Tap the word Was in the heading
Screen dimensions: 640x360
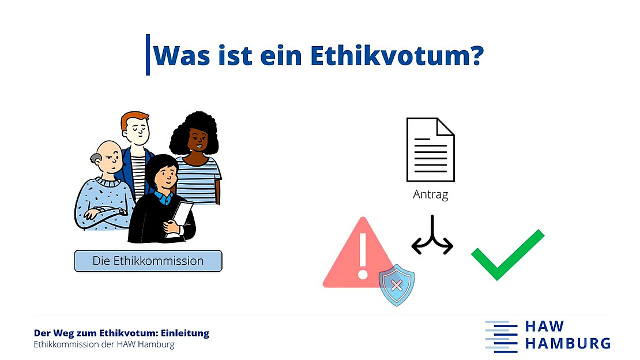(x=182, y=55)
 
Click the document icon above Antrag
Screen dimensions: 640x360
(x=430, y=149)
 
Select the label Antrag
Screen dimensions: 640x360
(x=430, y=194)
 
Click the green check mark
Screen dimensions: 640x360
(x=507, y=255)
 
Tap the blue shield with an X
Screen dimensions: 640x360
(x=396, y=285)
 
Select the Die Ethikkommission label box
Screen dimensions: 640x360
(x=148, y=261)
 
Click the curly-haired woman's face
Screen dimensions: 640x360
(x=198, y=140)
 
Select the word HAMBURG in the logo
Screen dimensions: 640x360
(x=568, y=343)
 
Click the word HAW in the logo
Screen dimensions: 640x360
(x=544, y=326)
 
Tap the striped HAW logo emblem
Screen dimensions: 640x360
(x=501, y=337)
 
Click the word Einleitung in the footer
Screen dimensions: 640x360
(x=185, y=333)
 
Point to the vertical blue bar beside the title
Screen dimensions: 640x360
(x=148, y=55)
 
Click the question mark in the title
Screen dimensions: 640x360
(x=476, y=55)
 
